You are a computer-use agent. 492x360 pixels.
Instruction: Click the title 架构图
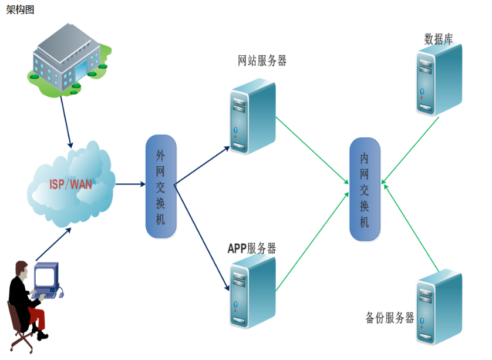pos(20,9)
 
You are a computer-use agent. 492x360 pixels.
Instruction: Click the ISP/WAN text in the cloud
pos(70,184)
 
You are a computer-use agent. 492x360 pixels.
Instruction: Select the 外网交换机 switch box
pos(161,186)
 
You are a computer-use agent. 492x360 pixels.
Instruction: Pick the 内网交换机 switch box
pos(365,189)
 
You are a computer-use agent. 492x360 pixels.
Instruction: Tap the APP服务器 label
pos(252,248)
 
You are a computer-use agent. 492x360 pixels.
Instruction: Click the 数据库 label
pos(439,39)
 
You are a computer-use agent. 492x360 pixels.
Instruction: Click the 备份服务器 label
pos(390,318)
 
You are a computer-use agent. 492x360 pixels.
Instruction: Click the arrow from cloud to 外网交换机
pos(130,184)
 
